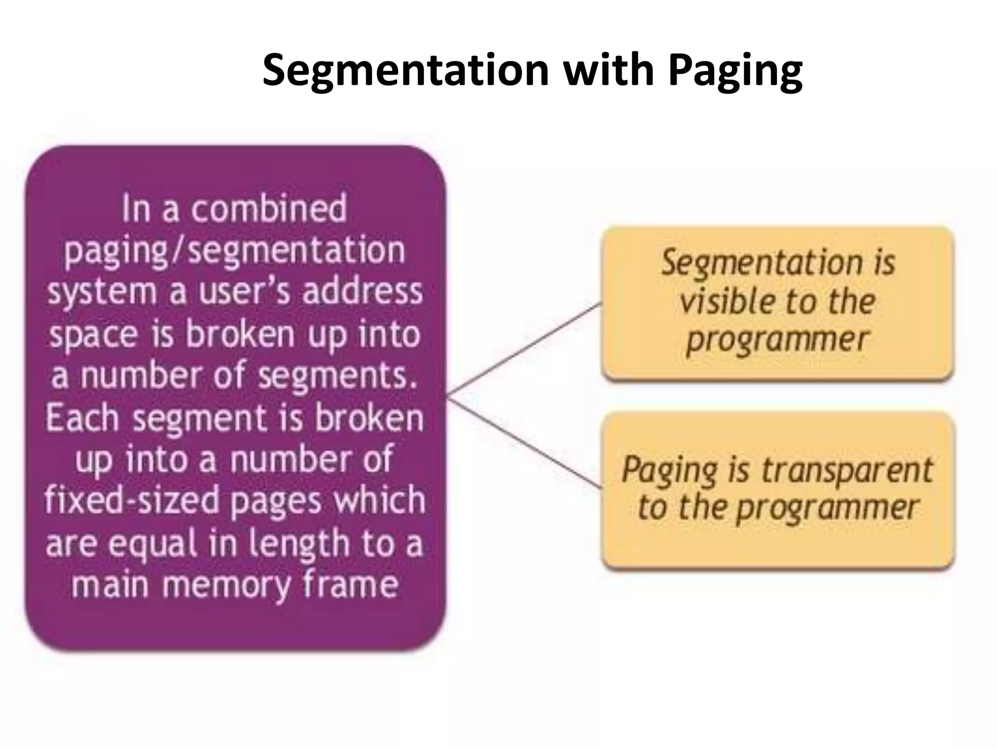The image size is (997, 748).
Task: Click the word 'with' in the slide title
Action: pos(609,71)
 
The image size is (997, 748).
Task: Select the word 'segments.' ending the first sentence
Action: pos(338,376)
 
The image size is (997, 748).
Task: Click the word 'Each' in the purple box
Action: pos(82,418)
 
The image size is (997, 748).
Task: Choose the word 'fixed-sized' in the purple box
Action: pos(132,501)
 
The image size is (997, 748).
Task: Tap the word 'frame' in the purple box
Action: pos(350,584)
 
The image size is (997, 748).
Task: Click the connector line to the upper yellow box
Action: pos(525,348)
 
